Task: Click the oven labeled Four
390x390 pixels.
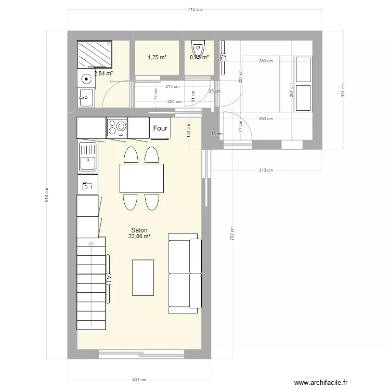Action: (160, 128)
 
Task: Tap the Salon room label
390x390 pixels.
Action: (139, 230)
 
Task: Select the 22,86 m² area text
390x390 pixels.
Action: (139, 237)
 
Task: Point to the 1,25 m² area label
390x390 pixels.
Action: (157, 57)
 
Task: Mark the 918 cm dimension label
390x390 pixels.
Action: (46, 194)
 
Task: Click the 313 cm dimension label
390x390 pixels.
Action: (266, 170)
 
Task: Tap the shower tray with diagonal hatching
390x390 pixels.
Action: (94, 55)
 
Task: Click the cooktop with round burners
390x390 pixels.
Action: (117, 126)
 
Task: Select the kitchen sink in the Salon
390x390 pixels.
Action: (87, 157)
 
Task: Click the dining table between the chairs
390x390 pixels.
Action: (141, 178)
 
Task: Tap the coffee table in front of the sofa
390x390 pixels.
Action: (143, 278)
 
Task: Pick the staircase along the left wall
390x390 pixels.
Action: (91, 283)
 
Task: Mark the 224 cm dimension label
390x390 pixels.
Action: (175, 102)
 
